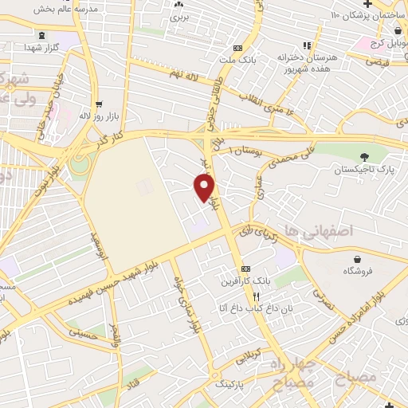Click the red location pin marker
pos(205,186)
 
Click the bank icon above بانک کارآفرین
pos(245,269)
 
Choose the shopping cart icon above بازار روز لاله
pos(98,104)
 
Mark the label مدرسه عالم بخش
pos(65,7)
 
